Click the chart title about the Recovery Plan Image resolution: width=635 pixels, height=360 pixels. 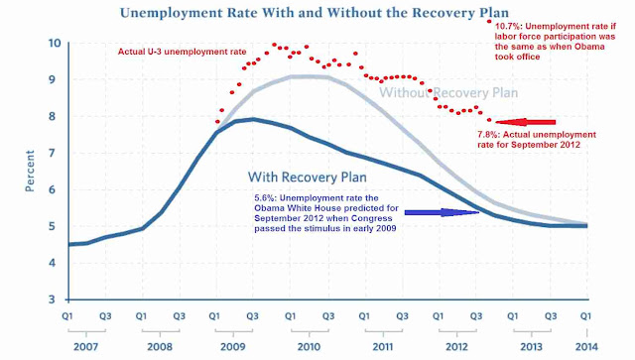(315, 13)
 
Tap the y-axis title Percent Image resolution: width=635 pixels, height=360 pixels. (30, 171)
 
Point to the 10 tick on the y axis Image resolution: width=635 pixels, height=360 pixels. (56, 43)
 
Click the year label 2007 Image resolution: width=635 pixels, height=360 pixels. (86, 347)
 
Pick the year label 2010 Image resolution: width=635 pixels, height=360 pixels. (309, 347)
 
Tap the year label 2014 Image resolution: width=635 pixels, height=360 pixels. (586, 347)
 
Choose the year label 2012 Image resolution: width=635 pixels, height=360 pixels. (456, 347)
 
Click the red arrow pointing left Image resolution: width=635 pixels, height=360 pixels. (526, 122)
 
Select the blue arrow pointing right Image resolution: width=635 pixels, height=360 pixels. (442, 212)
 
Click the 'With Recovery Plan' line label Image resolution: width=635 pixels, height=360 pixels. (308, 177)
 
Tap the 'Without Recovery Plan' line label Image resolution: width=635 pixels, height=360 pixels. (448, 93)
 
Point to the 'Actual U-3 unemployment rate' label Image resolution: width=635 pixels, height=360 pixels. (182, 52)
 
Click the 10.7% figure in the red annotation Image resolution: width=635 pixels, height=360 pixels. (509, 27)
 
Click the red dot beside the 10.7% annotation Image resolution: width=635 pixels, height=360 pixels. (489, 21)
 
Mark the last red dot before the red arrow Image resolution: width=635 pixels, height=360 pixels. (489, 120)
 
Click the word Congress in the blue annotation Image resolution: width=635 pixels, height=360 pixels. (373, 218)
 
